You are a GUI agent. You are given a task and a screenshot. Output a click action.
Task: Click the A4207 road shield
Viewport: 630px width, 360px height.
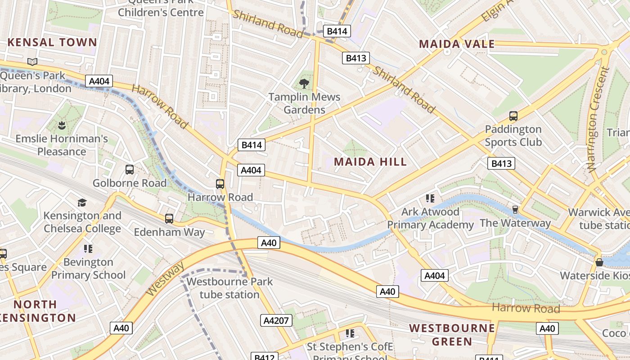tap(276, 320)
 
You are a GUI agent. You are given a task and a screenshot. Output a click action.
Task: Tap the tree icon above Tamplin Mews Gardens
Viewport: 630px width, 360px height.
tap(304, 83)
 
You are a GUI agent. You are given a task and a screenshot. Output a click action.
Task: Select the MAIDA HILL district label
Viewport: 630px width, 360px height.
tap(370, 162)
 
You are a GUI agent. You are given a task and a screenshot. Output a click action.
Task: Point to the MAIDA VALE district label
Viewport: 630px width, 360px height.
tap(457, 44)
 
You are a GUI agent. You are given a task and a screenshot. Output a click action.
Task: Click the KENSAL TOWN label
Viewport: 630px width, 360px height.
tap(52, 43)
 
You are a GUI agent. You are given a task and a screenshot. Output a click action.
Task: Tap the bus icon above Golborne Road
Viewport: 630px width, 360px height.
tap(130, 170)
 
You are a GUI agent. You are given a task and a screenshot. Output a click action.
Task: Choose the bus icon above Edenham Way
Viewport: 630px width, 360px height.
tap(169, 219)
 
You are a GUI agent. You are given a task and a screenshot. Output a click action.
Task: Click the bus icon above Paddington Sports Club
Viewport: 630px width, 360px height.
tap(513, 116)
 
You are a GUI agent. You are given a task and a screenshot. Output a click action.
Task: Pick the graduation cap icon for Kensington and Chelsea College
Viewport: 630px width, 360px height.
tap(82, 202)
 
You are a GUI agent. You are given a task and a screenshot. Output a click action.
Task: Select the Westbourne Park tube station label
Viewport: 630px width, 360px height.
tap(229, 288)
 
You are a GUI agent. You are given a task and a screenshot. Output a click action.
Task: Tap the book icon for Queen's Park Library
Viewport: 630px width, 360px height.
tap(32, 62)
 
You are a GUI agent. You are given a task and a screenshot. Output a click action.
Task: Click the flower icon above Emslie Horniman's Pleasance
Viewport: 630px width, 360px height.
tap(62, 125)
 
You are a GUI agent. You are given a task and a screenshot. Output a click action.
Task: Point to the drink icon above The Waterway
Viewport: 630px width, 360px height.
tap(515, 210)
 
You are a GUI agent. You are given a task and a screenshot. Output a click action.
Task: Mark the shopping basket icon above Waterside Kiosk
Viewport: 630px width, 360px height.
tap(599, 262)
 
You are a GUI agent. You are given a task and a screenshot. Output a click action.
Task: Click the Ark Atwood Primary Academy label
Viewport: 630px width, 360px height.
tap(431, 218)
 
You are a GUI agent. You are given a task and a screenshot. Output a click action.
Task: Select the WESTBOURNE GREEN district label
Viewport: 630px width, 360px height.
tap(452, 334)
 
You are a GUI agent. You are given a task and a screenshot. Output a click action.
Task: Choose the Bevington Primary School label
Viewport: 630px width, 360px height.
tap(88, 268)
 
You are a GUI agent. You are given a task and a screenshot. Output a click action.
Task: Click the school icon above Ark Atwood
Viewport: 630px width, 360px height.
tap(430, 198)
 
